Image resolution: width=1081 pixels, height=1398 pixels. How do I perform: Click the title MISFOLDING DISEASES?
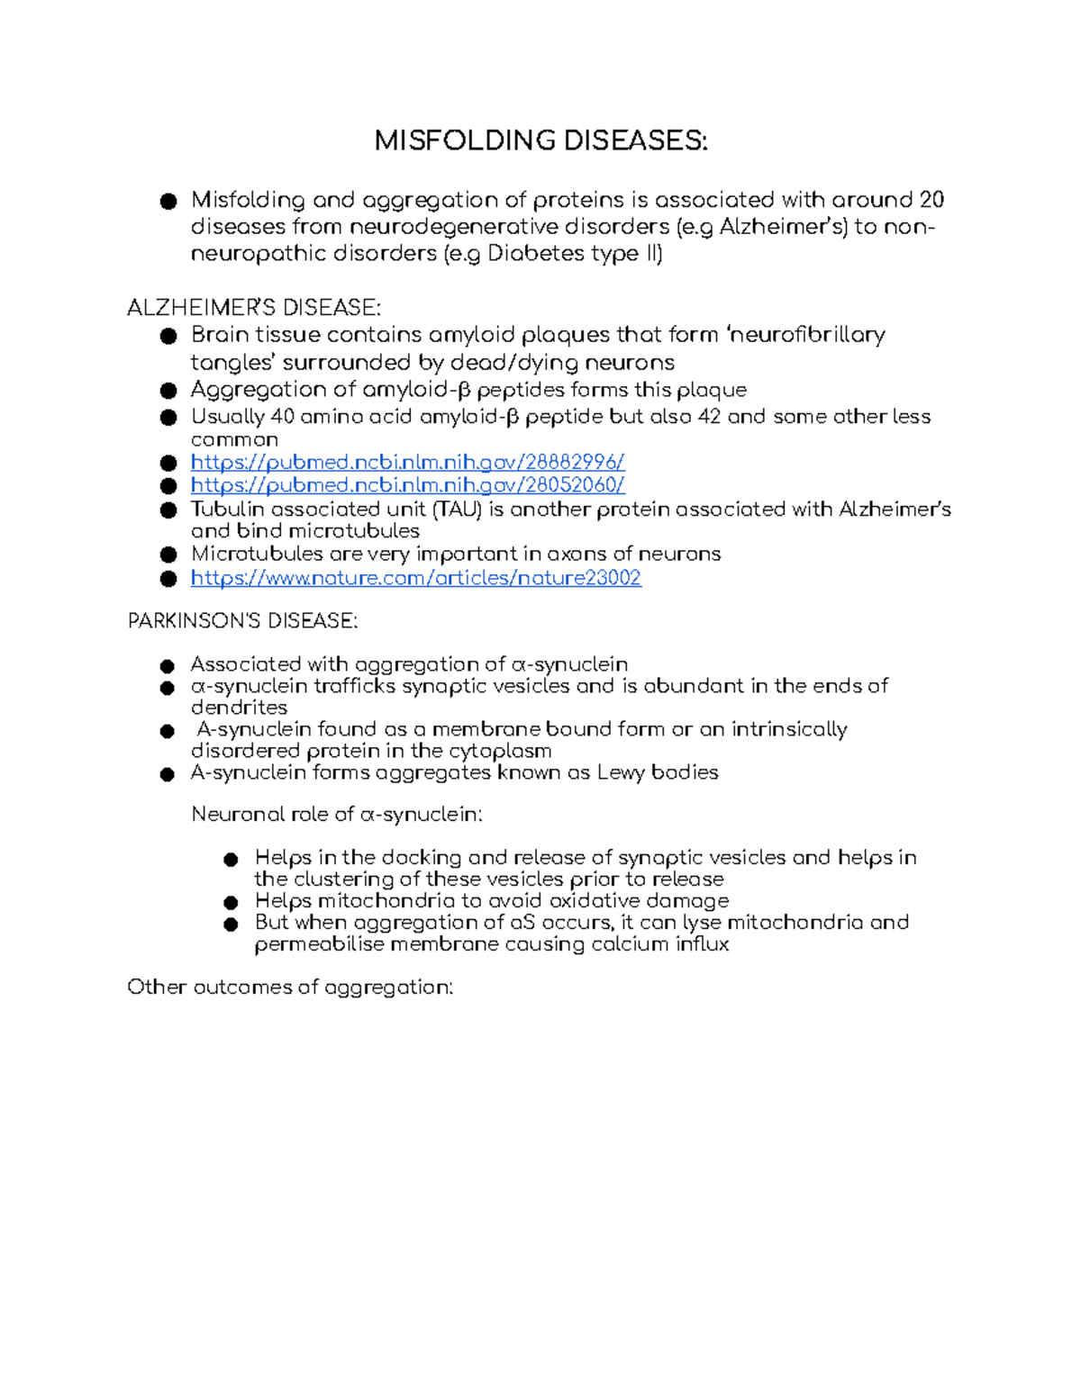click(540, 140)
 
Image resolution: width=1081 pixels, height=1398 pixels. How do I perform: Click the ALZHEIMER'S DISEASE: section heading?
click(254, 308)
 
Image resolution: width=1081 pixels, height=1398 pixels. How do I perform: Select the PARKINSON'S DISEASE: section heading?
click(242, 621)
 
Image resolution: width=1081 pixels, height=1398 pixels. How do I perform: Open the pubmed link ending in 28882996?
click(407, 463)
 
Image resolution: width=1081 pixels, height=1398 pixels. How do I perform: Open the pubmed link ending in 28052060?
click(407, 485)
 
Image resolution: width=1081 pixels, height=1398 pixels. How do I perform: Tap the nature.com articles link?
click(415, 578)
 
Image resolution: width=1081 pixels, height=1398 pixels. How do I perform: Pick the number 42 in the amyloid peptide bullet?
click(709, 417)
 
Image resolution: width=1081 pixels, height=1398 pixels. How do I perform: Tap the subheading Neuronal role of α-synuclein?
click(337, 815)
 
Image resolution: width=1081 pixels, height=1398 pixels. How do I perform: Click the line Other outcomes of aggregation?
click(289, 988)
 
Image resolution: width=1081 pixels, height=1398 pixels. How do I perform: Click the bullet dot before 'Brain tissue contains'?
click(168, 337)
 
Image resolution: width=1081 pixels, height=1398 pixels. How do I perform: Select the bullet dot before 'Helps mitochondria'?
click(232, 902)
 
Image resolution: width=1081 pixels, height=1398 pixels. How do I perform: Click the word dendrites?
click(239, 708)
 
